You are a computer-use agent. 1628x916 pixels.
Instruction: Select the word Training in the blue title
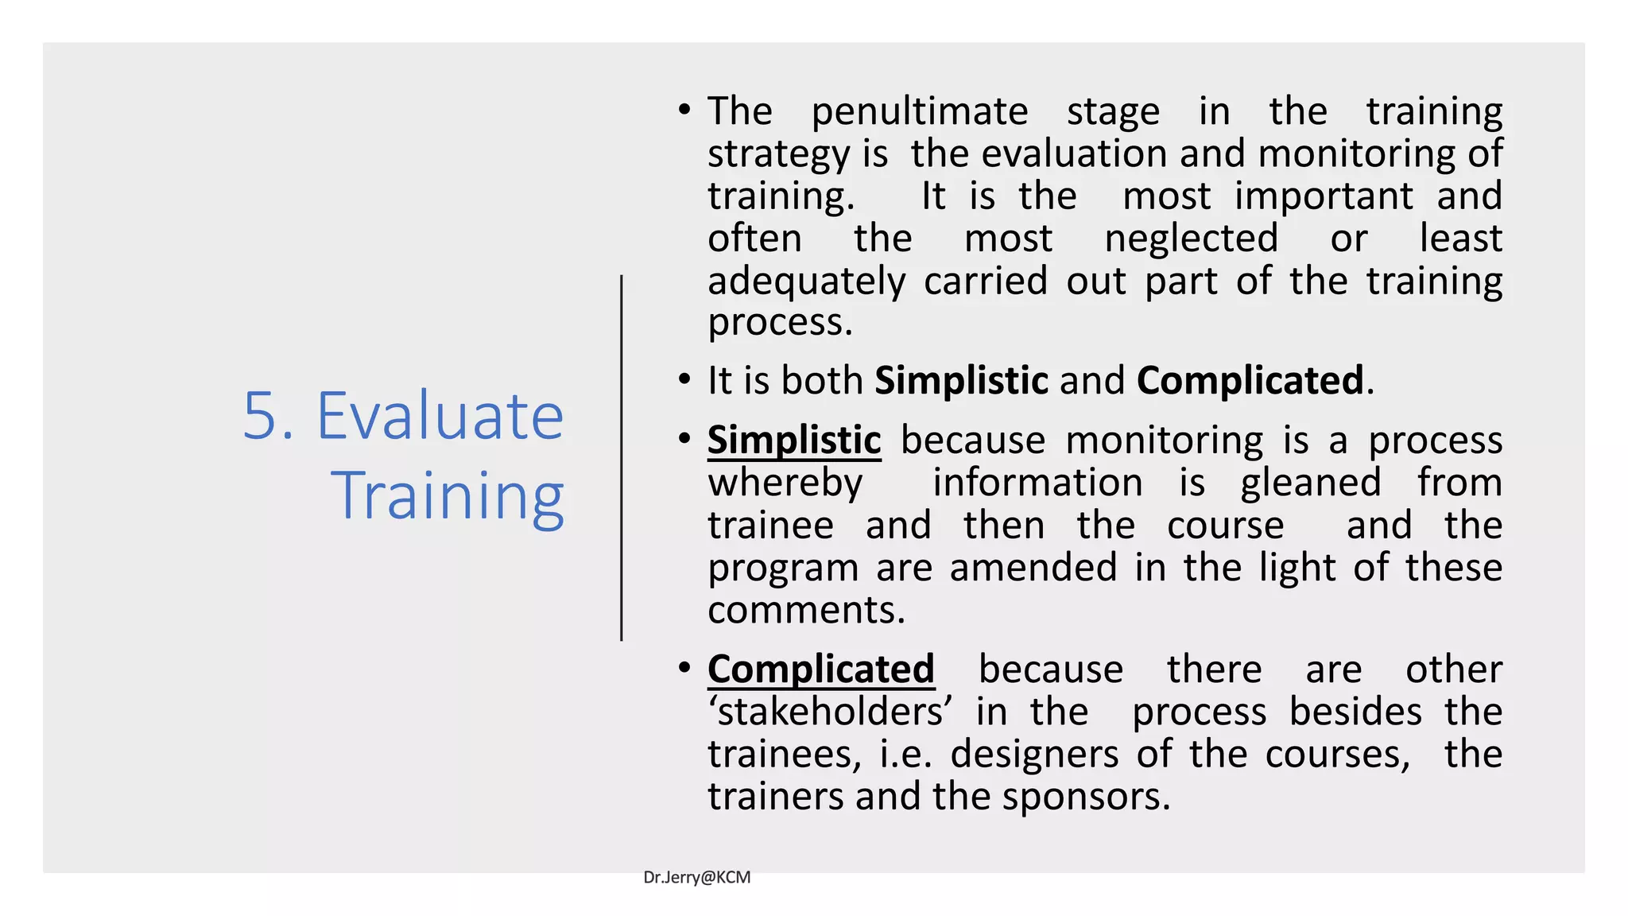[448, 497]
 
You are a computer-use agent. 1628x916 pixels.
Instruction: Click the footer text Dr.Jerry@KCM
[696, 877]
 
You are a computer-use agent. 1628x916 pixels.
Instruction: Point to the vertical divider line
[622, 457]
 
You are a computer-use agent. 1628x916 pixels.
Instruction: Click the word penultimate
[919, 112]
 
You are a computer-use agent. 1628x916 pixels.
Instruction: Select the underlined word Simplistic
[794, 441]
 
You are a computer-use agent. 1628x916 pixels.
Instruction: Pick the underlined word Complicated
[820, 670]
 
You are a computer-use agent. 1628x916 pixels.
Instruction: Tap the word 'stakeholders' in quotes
[830, 712]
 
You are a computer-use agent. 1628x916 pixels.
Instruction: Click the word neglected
[1191, 239]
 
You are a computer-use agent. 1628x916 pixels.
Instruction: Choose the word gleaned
[1310, 483]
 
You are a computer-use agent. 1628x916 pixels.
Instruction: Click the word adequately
[806, 282]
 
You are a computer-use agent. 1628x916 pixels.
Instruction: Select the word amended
[1033, 568]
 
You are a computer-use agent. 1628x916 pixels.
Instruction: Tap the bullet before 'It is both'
[684, 379]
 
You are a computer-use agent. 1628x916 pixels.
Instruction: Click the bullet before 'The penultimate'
[684, 110]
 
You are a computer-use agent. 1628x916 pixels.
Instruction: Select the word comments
[806, 611]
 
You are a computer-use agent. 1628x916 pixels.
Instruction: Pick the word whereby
[785, 483]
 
